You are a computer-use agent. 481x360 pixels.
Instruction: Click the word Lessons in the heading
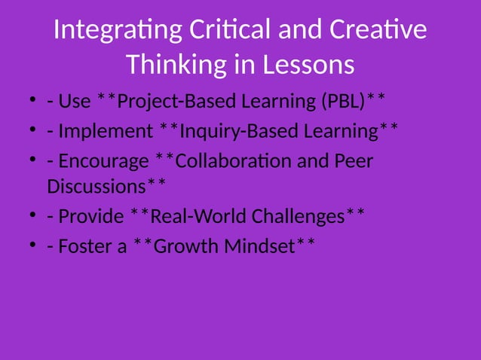308,65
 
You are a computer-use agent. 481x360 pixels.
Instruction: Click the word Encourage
104,161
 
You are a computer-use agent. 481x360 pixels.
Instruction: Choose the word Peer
351,161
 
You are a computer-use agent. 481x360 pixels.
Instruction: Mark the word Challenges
298,216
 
